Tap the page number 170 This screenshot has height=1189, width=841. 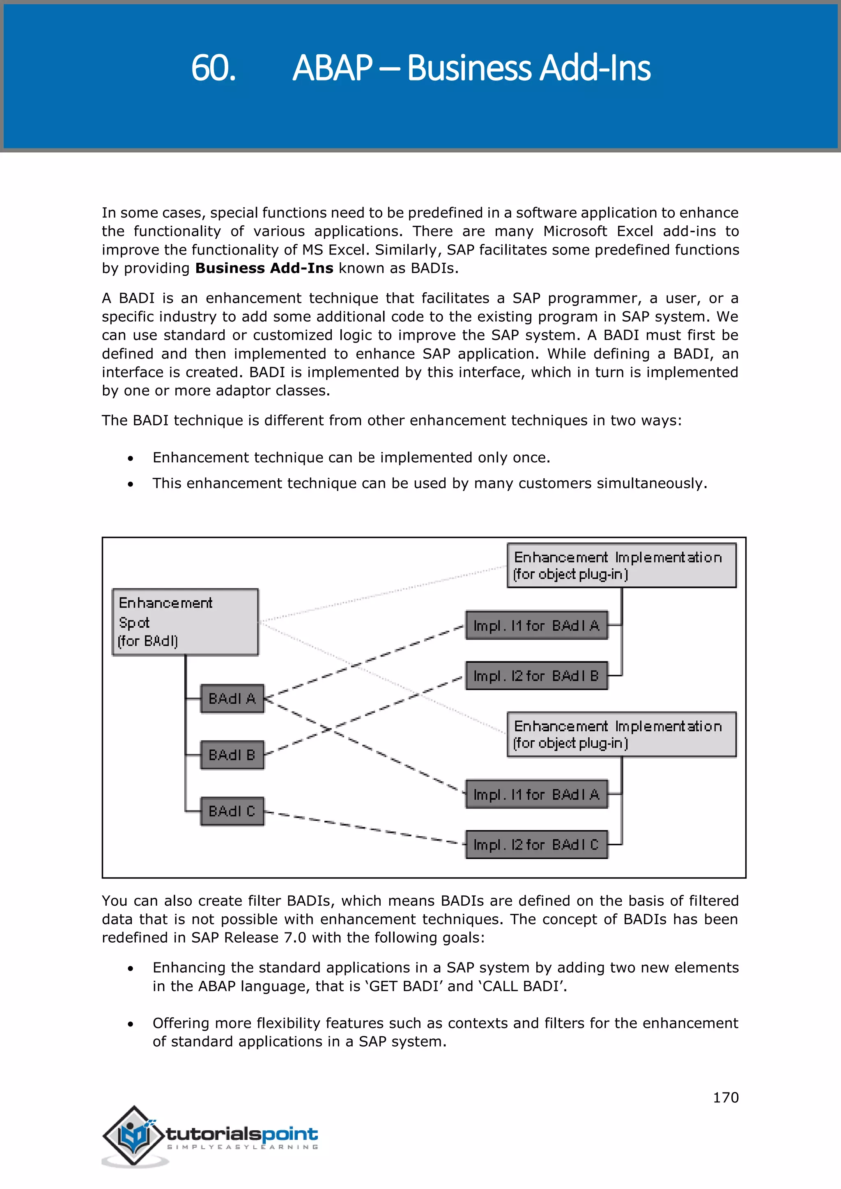click(x=726, y=1097)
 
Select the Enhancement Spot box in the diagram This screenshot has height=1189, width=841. click(x=185, y=622)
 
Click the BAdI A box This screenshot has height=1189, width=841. click(x=232, y=699)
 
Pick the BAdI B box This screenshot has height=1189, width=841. click(x=232, y=755)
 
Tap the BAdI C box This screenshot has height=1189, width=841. click(x=232, y=811)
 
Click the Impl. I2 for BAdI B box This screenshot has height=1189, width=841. click(x=536, y=676)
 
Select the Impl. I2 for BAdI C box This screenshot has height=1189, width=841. click(x=536, y=845)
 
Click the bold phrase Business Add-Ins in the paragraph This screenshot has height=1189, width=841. click(x=264, y=268)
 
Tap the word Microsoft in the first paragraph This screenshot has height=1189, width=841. click(x=575, y=232)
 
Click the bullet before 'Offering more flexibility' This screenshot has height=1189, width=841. click(x=131, y=1024)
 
